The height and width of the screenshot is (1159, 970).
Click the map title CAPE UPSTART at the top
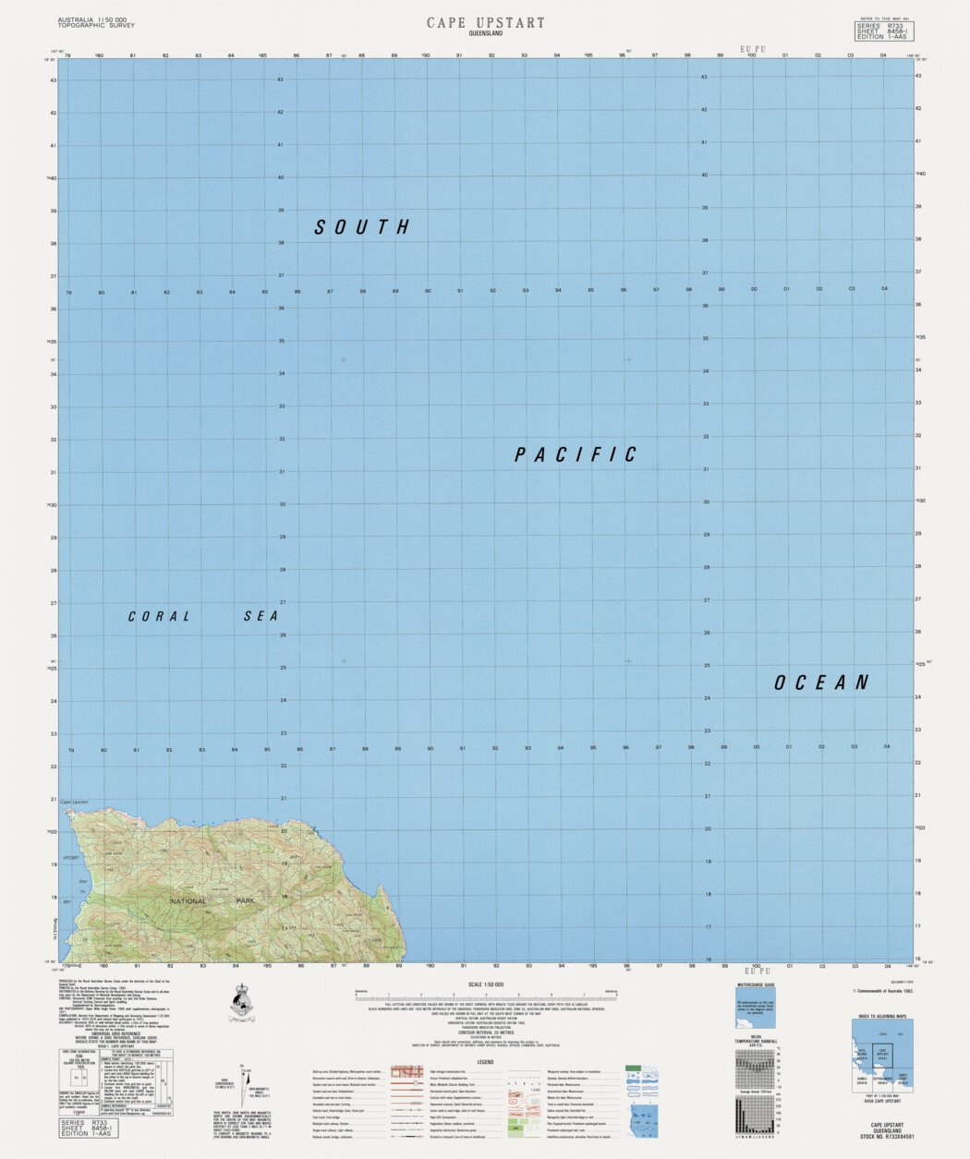pyautogui.click(x=485, y=22)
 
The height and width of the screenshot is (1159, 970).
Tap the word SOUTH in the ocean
pyautogui.click(x=362, y=227)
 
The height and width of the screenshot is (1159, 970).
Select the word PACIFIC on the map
pyautogui.click(x=576, y=454)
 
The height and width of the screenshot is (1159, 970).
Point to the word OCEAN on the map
pyautogui.click(x=821, y=683)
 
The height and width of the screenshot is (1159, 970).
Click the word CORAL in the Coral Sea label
pyautogui.click(x=159, y=616)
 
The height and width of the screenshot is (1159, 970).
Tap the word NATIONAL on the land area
pyautogui.click(x=188, y=900)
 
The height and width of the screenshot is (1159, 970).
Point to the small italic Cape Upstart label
pyautogui.click(x=73, y=802)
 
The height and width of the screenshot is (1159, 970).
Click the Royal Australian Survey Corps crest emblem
pyautogui.click(x=242, y=1004)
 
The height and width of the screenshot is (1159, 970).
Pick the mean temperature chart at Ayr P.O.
pyautogui.click(x=756, y=1070)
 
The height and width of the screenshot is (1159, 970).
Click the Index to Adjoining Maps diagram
pyautogui.click(x=882, y=1053)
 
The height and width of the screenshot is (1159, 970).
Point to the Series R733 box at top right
pyautogui.click(x=884, y=30)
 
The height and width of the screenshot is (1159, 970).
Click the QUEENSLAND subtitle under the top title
pyautogui.click(x=485, y=33)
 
